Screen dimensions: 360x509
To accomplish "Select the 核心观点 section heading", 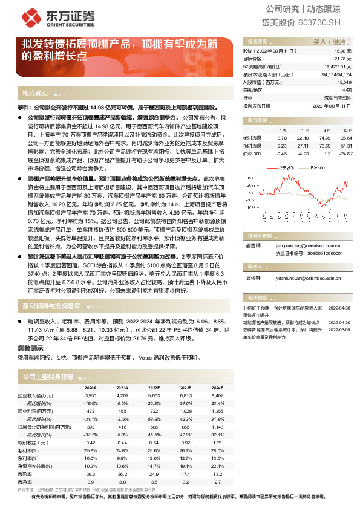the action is coord(35,94).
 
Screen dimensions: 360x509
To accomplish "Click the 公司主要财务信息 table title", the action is coord(47,376).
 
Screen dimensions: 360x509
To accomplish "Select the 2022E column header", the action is coord(154,387).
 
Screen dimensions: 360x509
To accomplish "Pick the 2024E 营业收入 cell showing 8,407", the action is coord(217,395).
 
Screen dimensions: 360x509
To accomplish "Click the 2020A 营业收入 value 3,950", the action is coord(90,395).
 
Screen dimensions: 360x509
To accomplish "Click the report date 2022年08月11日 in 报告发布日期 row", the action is coord(332,105).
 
